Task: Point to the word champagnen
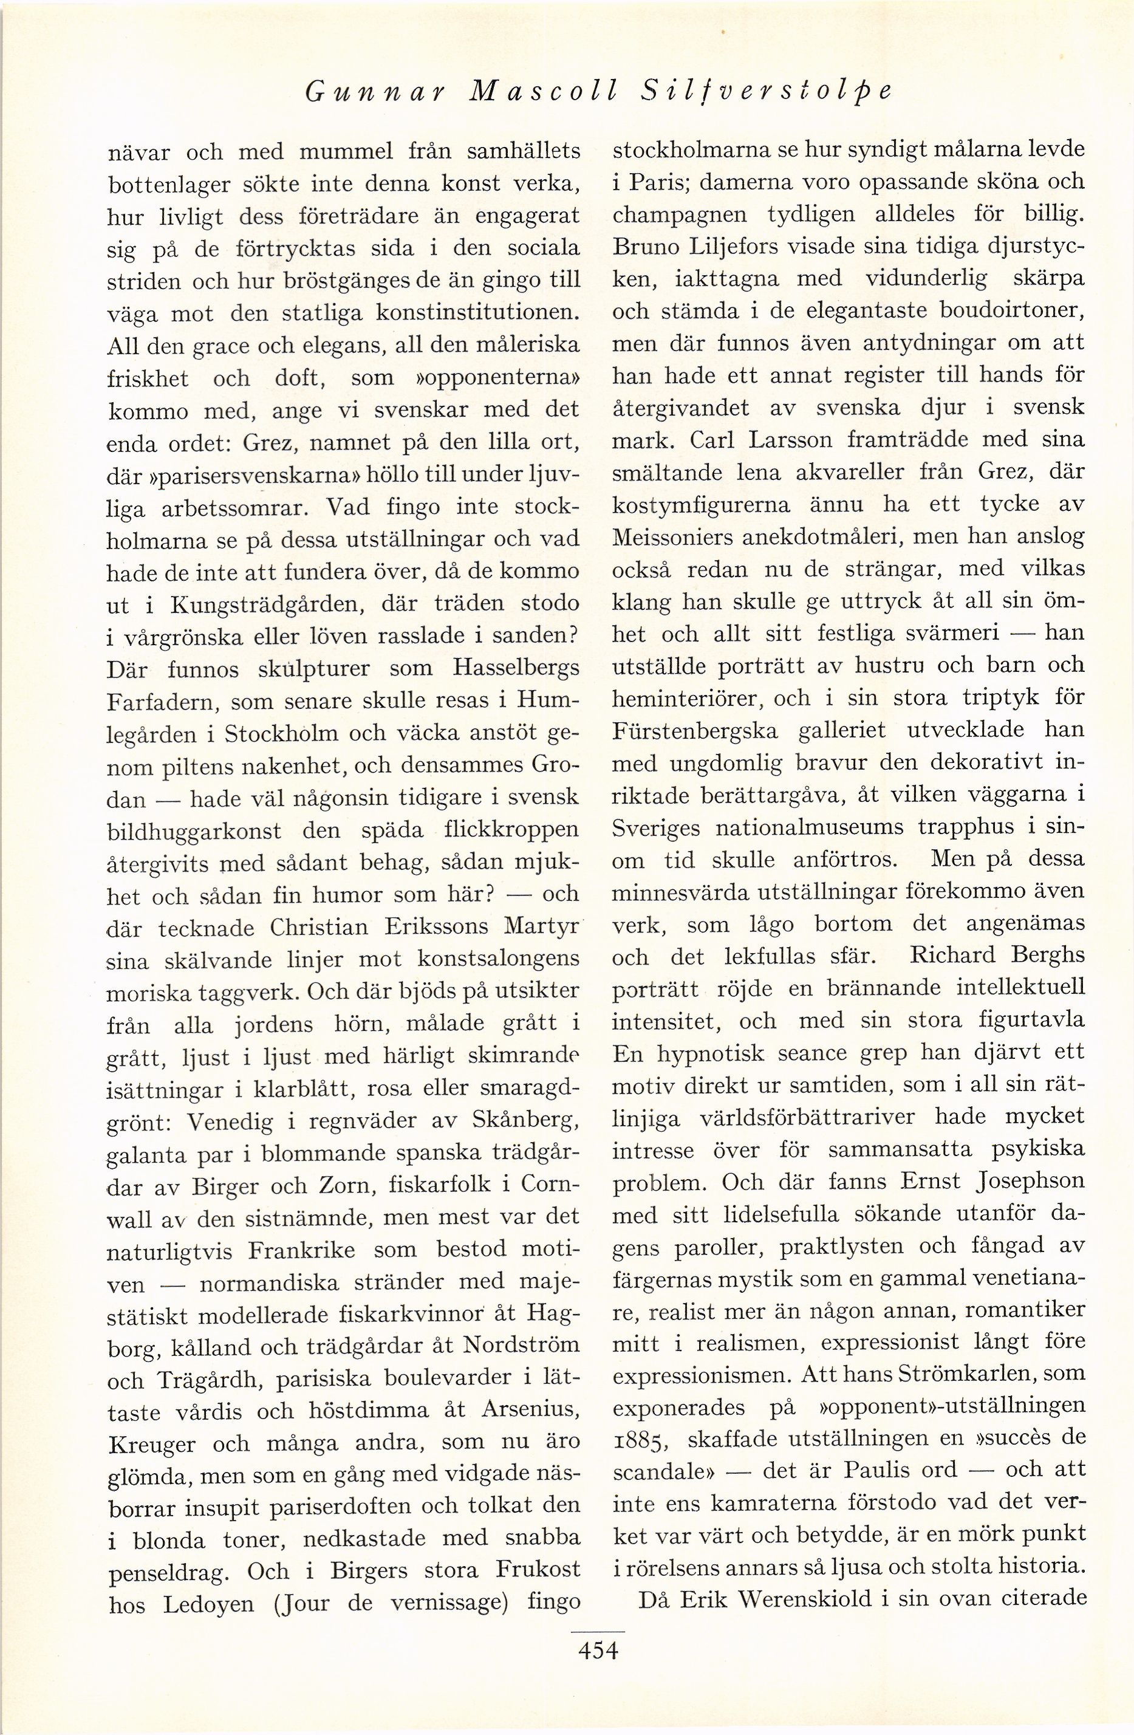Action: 680,215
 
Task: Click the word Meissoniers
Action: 683,537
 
